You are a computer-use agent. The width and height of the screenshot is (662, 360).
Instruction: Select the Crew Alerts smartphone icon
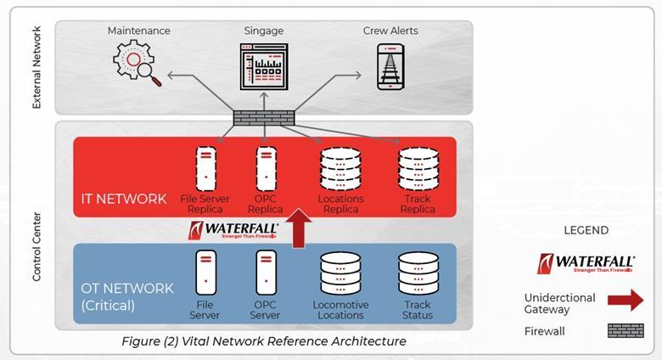coord(390,66)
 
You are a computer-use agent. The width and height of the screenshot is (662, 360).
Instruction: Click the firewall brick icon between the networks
coord(264,118)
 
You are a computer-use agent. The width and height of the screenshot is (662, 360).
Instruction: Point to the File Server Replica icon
coord(205,168)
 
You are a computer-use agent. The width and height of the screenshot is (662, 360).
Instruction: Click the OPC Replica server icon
coord(266,168)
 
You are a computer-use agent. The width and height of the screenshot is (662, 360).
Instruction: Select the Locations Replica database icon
coord(339,168)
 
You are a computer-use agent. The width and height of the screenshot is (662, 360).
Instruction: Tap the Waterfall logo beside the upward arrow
coord(226,231)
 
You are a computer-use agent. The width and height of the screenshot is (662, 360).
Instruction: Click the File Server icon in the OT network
coord(205,273)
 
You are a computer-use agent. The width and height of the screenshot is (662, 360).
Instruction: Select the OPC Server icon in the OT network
coord(266,273)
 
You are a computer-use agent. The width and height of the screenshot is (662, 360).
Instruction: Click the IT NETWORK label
coord(125,199)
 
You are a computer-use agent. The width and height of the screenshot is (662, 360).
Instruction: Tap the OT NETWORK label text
coord(126,288)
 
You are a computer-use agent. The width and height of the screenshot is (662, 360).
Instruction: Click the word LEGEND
coord(586,230)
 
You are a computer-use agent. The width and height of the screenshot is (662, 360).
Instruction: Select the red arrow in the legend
coord(626,301)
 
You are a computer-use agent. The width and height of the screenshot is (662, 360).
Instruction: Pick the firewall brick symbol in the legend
coord(626,330)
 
